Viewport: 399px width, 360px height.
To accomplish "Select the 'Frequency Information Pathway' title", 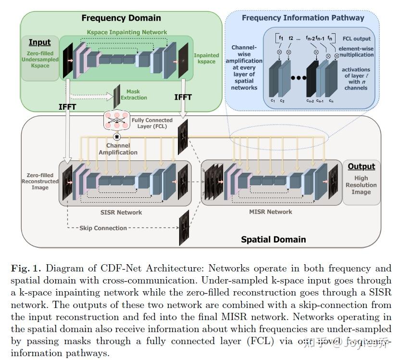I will point(303,18).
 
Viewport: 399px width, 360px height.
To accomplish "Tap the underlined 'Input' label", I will point(40,42).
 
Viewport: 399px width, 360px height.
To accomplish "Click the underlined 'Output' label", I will point(361,167).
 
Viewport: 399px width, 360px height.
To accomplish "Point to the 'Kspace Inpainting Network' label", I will point(127,32).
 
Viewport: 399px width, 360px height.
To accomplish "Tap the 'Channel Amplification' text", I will point(118,149).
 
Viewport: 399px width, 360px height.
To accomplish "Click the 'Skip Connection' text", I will point(103,228).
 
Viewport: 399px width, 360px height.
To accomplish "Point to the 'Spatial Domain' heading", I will point(273,239).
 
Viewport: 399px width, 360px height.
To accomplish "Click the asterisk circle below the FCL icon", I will point(116,137).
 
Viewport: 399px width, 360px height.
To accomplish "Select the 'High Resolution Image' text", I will point(361,185).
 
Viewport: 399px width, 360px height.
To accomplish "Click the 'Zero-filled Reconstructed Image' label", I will point(40,181).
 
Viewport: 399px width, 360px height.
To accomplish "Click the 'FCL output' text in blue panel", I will point(357,38).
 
